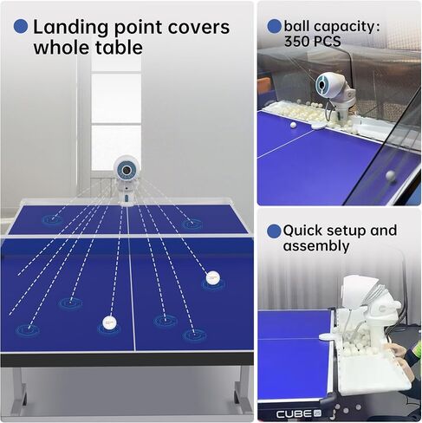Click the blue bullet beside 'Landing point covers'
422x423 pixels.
pos(21,26)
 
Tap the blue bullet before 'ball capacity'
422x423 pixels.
pos(274,26)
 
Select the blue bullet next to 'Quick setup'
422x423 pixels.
pos(274,231)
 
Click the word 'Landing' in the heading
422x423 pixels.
pos(72,28)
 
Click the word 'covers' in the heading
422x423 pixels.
pos(198,27)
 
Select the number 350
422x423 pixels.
pos(297,41)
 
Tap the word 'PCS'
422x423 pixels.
pos(327,41)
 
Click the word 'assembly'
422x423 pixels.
pos(316,246)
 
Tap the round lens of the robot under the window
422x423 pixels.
pos(126,170)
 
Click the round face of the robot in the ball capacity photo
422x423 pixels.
pos(321,84)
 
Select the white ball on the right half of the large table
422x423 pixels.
pos(213,277)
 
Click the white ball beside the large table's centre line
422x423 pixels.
pos(109,322)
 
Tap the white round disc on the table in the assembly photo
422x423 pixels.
pos(328,336)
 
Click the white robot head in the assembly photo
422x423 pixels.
pos(360,291)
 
